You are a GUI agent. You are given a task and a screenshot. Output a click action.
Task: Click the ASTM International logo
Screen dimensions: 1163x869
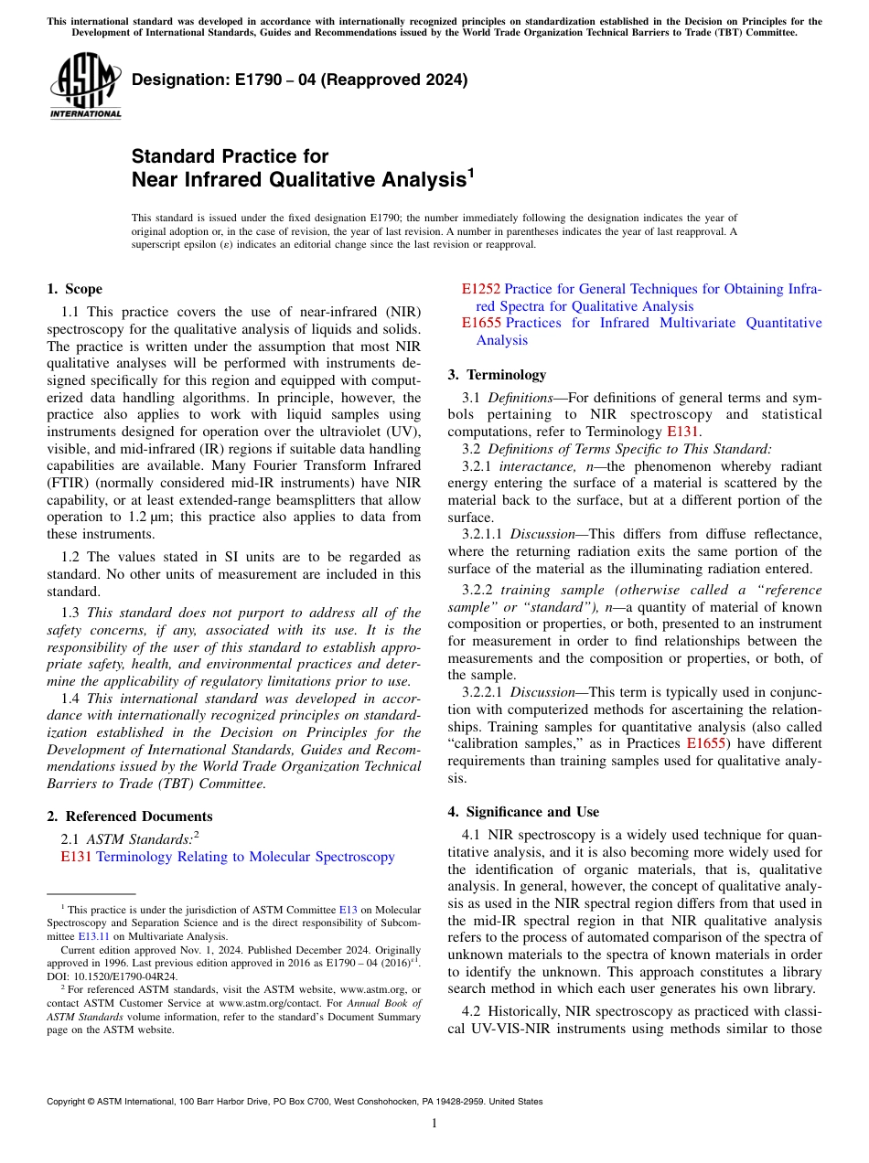85,86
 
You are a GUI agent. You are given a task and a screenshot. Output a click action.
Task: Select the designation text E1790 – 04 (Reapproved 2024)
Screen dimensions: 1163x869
299,80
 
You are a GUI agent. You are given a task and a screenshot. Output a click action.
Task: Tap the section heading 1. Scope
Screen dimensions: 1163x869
74,290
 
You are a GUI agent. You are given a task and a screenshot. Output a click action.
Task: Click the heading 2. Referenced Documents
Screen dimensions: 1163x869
129,816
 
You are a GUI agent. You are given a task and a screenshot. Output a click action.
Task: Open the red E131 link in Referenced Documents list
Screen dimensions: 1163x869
76,857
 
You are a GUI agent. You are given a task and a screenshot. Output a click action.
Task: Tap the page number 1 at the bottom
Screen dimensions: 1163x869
434,1124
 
